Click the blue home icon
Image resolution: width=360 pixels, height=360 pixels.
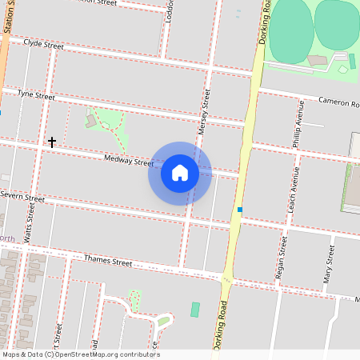[180, 172]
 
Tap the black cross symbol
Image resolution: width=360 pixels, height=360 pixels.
[52, 142]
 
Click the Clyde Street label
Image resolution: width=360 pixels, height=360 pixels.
[44, 44]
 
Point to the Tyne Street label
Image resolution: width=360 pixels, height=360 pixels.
[36, 95]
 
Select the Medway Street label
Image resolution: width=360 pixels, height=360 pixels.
[128, 162]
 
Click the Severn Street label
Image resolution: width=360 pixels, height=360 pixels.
[22, 196]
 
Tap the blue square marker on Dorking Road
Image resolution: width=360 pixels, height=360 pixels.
[239, 210]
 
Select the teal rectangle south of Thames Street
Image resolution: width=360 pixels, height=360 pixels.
[195, 309]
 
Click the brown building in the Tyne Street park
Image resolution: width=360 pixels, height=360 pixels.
[91, 121]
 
